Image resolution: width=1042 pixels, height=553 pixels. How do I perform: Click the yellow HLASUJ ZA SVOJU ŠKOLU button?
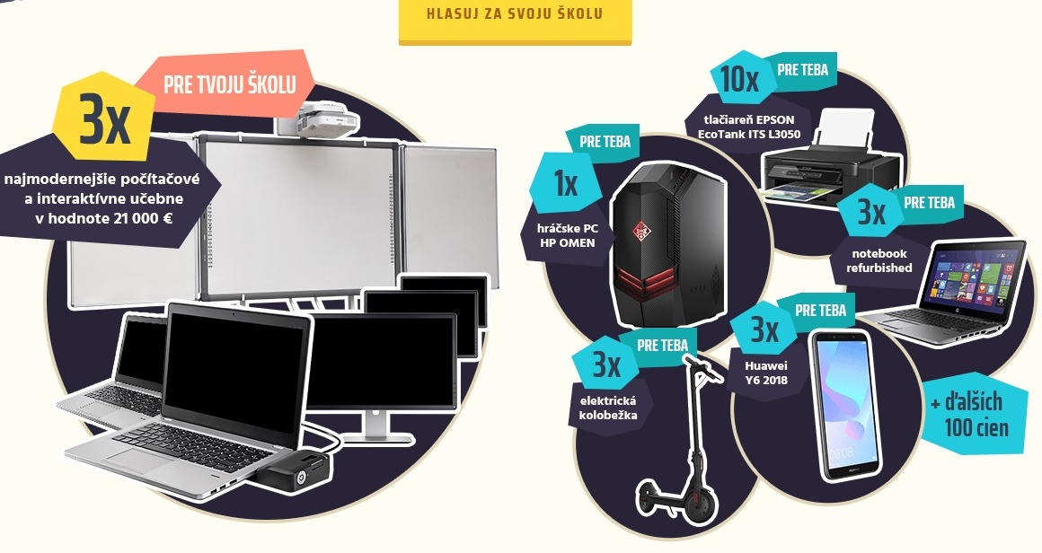[x=515, y=15]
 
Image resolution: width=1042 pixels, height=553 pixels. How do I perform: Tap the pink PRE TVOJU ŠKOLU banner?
[x=229, y=85]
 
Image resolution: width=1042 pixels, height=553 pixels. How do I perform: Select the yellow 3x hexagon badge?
[x=104, y=124]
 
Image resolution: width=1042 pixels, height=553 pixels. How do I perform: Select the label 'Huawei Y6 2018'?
[x=765, y=373]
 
